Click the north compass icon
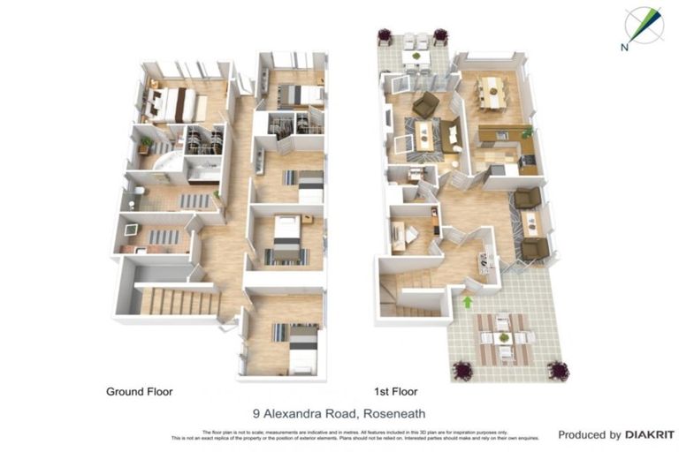[x=643, y=26]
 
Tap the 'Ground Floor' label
[x=139, y=391]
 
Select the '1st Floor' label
[x=394, y=391]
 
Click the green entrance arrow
[x=467, y=302]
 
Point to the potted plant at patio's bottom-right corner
[x=557, y=369]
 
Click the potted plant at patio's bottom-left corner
[x=460, y=369]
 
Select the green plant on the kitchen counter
[x=527, y=132]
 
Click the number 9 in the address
[x=256, y=412]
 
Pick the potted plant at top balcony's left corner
[x=385, y=35]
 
